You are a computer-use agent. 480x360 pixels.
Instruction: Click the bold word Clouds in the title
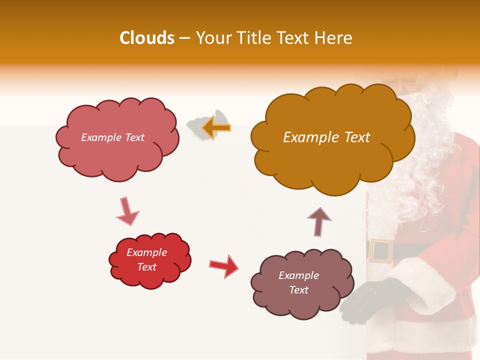tap(147, 38)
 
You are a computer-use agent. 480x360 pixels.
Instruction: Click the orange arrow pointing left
tap(216, 127)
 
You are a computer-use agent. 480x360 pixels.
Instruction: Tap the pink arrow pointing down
tap(127, 211)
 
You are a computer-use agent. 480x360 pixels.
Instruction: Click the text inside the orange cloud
tap(326, 137)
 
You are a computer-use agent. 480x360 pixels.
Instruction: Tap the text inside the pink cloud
tap(112, 137)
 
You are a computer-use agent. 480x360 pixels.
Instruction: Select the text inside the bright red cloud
tap(146, 259)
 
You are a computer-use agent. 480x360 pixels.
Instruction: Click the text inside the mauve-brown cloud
tap(298, 282)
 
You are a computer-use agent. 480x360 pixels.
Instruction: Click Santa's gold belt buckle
tap(381, 250)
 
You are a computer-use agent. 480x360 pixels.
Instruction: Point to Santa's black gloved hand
tap(370, 300)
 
